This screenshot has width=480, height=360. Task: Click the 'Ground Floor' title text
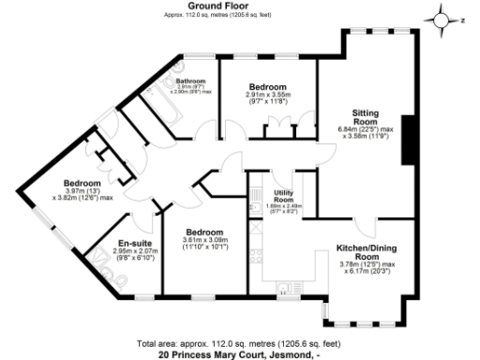tap(217, 5)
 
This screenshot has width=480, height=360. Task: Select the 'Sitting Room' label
tap(365, 117)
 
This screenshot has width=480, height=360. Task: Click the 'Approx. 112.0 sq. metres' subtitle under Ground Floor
tap(217, 14)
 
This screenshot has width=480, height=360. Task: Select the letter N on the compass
tap(461, 17)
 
